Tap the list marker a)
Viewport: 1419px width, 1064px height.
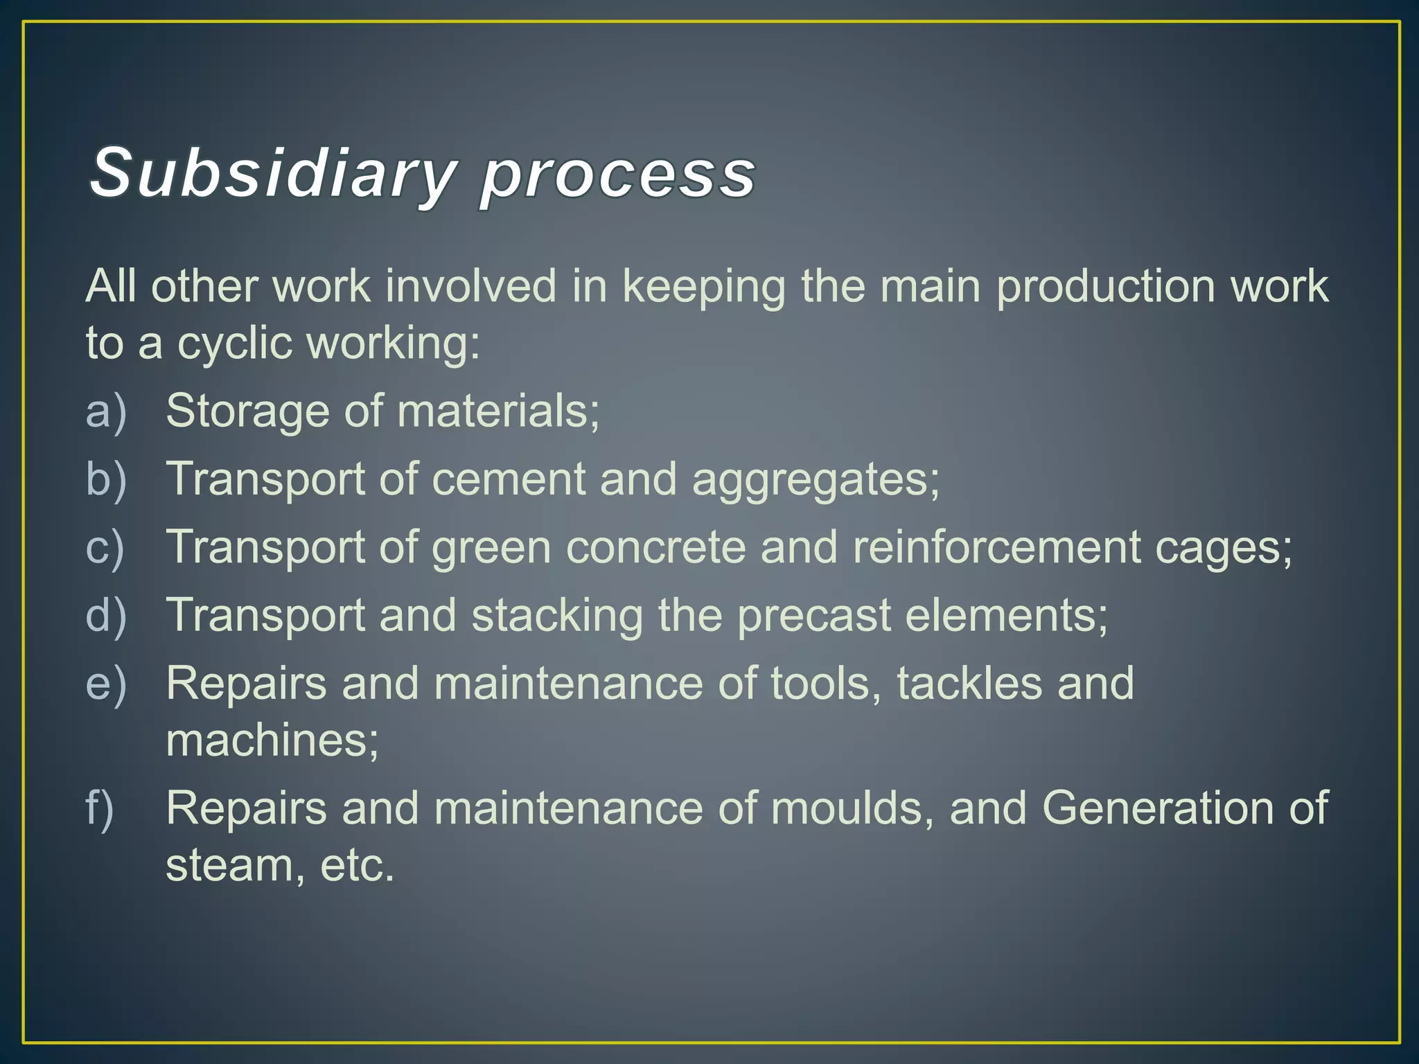tap(106, 411)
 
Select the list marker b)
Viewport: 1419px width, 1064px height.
tap(106, 479)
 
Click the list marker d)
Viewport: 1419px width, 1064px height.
tap(106, 615)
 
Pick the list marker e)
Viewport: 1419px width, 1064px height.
tap(106, 684)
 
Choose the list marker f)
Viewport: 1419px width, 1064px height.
tap(100, 808)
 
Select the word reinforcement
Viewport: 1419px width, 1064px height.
tap(996, 547)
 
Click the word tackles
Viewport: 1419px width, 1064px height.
tap(969, 684)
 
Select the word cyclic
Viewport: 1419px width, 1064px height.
tap(234, 344)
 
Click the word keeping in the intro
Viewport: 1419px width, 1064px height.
tap(703, 287)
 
